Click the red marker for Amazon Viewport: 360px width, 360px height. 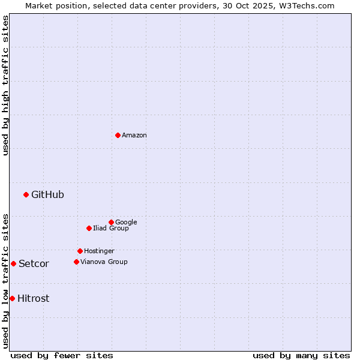(118, 135)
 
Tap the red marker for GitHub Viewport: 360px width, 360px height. (26, 194)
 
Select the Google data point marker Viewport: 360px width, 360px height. (111, 222)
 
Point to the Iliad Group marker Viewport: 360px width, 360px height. (89, 228)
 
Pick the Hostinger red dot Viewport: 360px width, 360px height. (80, 251)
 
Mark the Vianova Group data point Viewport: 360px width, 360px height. (76, 262)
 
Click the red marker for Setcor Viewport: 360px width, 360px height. (13, 263)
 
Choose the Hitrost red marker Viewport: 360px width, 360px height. (12, 298)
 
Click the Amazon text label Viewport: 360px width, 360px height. (134, 136)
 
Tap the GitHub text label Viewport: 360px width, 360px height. (47, 194)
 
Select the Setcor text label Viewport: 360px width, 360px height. (34, 264)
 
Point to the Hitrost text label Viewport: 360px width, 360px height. (33, 299)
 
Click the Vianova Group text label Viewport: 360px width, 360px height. (104, 262)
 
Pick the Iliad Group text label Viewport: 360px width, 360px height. (111, 229)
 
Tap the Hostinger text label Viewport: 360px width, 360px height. (99, 251)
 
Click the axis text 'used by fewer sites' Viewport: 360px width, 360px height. (62, 355)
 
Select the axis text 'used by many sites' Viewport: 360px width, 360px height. (301, 355)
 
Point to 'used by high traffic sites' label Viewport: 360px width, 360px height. (5, 85)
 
